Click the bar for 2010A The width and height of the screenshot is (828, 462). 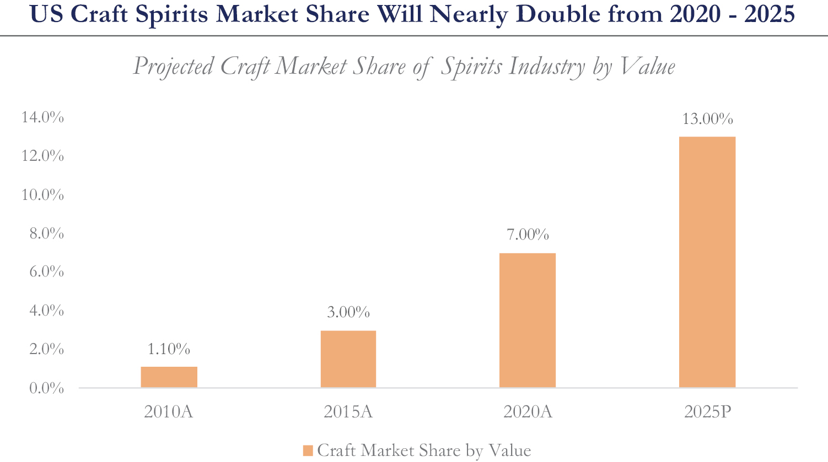click(169, 377)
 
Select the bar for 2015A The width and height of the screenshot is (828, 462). click(348, 359)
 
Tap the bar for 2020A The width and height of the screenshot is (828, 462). click(528, 320)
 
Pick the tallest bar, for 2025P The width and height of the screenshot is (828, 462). click(707, 262)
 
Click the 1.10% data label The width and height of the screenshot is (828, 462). click(169, 349)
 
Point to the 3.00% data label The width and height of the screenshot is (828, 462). click(348, 312)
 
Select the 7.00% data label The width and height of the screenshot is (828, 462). click(528, 235)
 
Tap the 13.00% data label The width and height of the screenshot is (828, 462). click(707, 119)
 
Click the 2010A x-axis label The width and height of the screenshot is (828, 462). click(169, 412)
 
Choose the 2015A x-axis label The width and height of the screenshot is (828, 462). click(348, 412)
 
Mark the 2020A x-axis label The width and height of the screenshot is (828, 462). click(528, 412)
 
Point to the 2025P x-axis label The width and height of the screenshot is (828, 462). click(707, 412)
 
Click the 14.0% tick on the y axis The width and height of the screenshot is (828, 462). click(43, 117)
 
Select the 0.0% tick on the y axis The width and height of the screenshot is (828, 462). click(46, 388)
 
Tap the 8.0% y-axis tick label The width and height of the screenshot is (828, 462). click(46, 233)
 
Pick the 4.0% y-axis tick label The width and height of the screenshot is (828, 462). click(46, 311)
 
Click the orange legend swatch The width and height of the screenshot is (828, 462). click(308, 451)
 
